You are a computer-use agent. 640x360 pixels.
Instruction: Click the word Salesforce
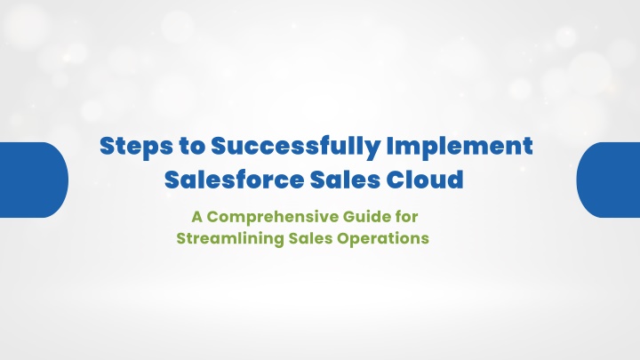coord(235,180)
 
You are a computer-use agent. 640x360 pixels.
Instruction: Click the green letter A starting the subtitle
coord(196,217)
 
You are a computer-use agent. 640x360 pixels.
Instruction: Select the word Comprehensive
coord(273,218)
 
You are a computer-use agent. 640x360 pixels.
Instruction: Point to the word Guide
coord(366,217)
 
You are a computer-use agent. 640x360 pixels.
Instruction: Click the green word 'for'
coord(406,217)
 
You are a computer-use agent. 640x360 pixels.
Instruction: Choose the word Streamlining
coord(230,239)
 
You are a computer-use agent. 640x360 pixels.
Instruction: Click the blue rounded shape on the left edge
coord(34,180)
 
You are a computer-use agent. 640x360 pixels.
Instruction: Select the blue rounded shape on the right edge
coord(608,180)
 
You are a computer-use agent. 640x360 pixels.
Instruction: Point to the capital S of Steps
coord(107,146)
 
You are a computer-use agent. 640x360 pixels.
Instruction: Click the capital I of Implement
coord(390,146)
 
